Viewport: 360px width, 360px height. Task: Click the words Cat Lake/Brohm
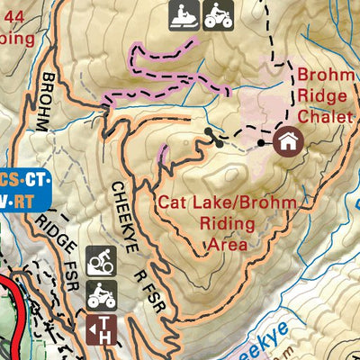click(x=226, y=203)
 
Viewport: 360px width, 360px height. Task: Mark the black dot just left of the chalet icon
click(x=261, y=142)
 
